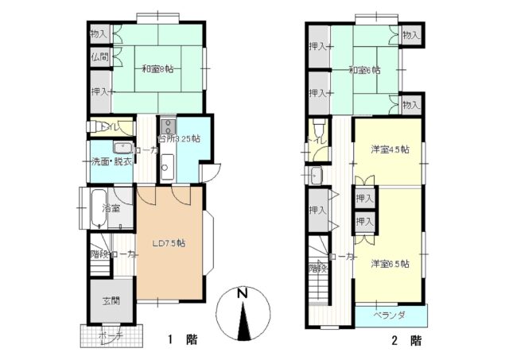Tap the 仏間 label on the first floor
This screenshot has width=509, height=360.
[x=99, y=57]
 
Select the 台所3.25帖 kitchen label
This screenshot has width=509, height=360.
[x=179, y=138]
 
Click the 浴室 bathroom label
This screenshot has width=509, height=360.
[x=111, y=208]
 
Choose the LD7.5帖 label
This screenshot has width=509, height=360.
[x=169, y=242]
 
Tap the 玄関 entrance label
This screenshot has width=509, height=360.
[x=111, y=301]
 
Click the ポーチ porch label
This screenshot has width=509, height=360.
[x=111, y=336]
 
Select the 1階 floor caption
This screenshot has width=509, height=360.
[x=182, y=340]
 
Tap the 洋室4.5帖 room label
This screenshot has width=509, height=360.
[x=390, y=149]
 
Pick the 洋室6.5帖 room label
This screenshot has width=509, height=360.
[x=390, y=263]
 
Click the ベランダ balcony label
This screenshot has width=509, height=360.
[x=390, y=315]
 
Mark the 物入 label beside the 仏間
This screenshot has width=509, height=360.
[x=99, y=34]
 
